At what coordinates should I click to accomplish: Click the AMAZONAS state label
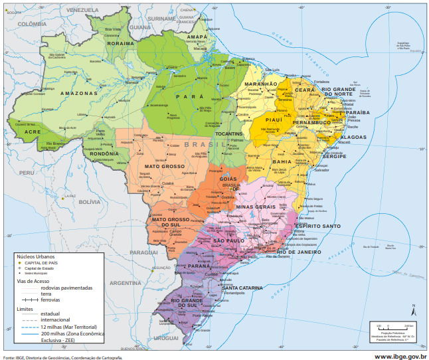pos(79,94)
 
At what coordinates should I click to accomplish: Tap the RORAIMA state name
pos(121,43)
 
